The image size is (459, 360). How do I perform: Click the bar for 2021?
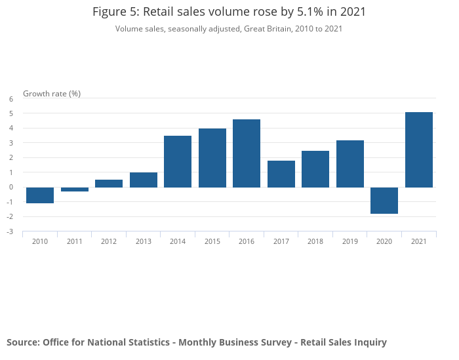click(x=419, y=150)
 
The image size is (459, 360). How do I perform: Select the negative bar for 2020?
click(x=384, y=200)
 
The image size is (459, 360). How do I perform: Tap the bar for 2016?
click(x=247, y=153)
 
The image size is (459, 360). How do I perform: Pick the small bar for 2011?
click(x=75, y=190)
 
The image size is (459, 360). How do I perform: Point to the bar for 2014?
click(x=178, y=161)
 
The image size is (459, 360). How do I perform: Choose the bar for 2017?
click(x=281, y=174)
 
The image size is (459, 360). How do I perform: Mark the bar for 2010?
click(x=40, y=195)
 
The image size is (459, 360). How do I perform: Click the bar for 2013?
click(x=144, y=180)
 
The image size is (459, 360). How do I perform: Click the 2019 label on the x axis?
click(x=350, y=241)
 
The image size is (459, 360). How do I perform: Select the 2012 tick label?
click(x=109, y=241)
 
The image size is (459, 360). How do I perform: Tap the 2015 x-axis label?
click(x=212, y=241)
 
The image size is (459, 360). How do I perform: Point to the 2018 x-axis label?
click(x=315, y=241)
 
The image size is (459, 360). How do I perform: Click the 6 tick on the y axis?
click(x=11, y=99)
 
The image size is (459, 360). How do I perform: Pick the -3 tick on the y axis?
click(x=10, y=231)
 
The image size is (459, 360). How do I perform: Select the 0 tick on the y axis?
click(x=11, y=187)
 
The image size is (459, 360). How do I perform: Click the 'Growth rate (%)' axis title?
click(x=52, y=93)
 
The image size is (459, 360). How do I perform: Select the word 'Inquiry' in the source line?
click(x=369, y=342)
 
